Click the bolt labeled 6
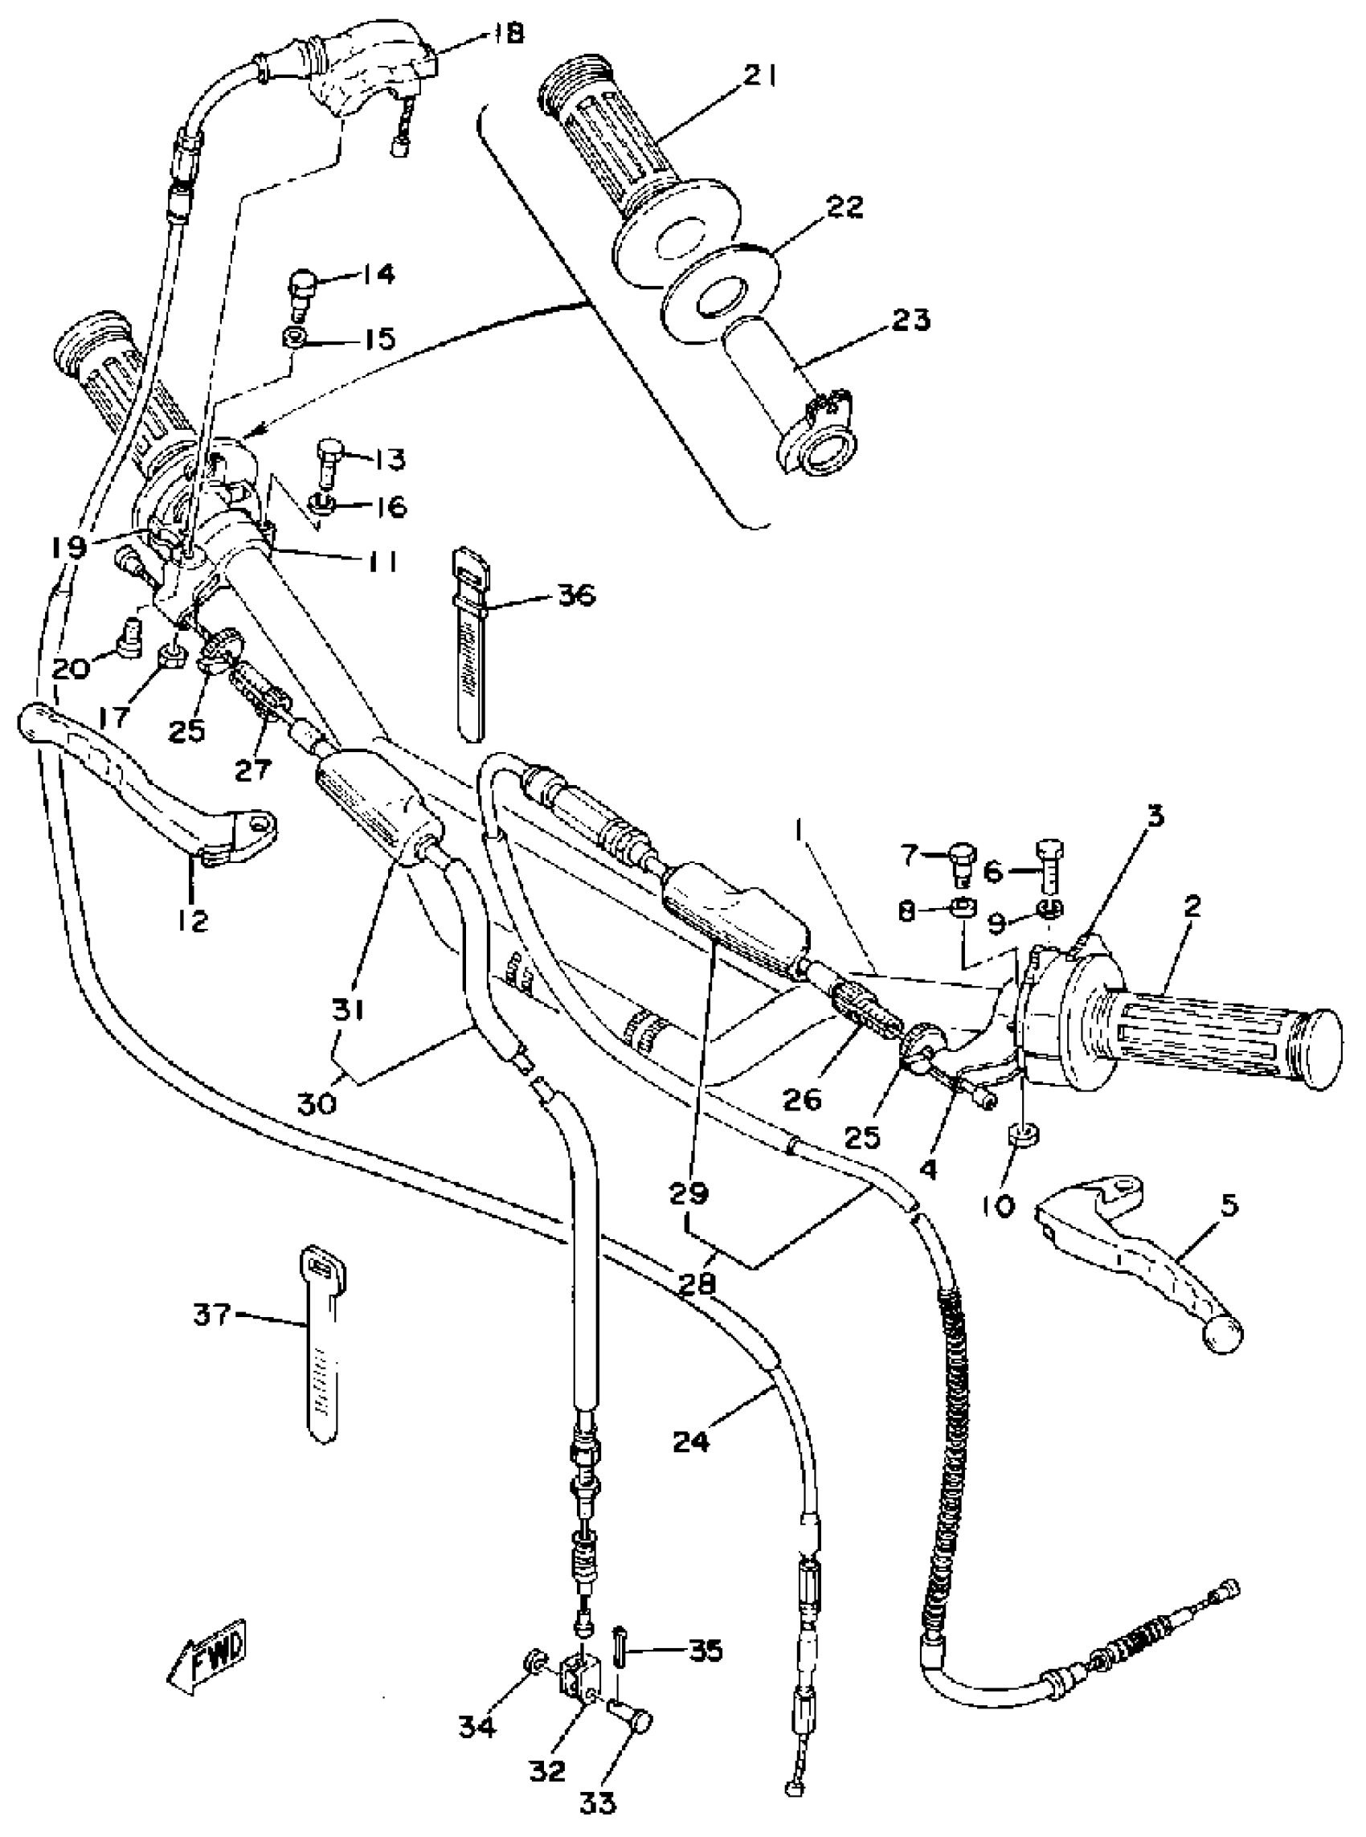pos(1049,865)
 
